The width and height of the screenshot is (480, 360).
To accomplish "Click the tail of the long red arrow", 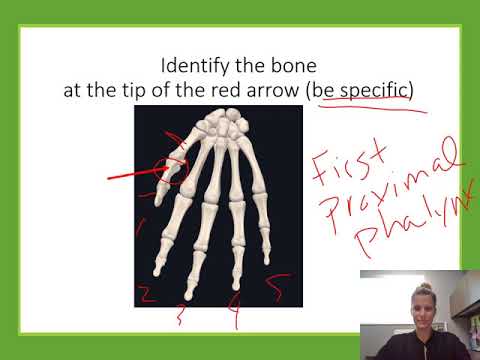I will [113, 181].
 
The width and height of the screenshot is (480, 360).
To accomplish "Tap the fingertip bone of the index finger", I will [158, 265].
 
